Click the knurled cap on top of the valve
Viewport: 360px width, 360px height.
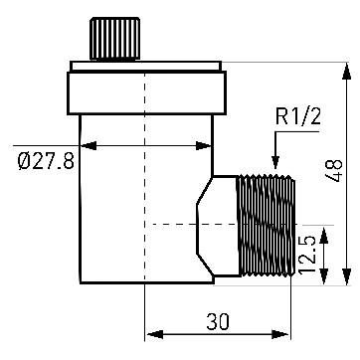(x=114, y=39)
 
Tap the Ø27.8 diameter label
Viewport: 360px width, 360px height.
(x=46, y=161)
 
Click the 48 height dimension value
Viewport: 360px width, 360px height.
(x=334, y=171)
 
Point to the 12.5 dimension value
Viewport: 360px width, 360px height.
(x=306, y=255)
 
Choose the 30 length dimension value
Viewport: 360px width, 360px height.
(x=218, y=322)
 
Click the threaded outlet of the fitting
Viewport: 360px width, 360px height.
(x=267, y=226)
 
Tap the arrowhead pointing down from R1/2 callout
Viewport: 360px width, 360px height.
(x=275, y=162)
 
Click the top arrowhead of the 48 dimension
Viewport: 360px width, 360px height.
(x=346, y=71)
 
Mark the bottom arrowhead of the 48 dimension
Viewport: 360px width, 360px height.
(x=346, y=276)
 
